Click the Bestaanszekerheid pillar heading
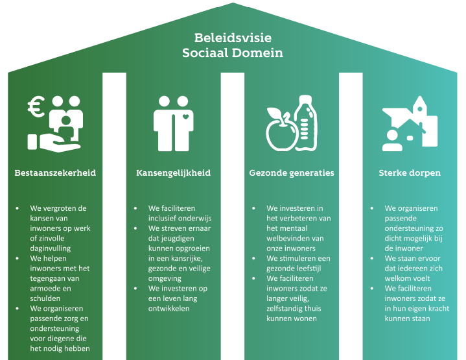[55, 173]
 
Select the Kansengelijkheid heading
[173, 173]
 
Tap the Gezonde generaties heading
[292, 173]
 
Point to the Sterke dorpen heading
[410, 173]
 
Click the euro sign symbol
[36, 108]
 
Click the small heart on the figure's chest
[185, 117]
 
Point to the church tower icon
[420, 117]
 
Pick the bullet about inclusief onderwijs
[180, 213]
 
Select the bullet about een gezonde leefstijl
[297, 263]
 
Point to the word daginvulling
[51, 248]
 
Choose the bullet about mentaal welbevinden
[299, 228]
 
